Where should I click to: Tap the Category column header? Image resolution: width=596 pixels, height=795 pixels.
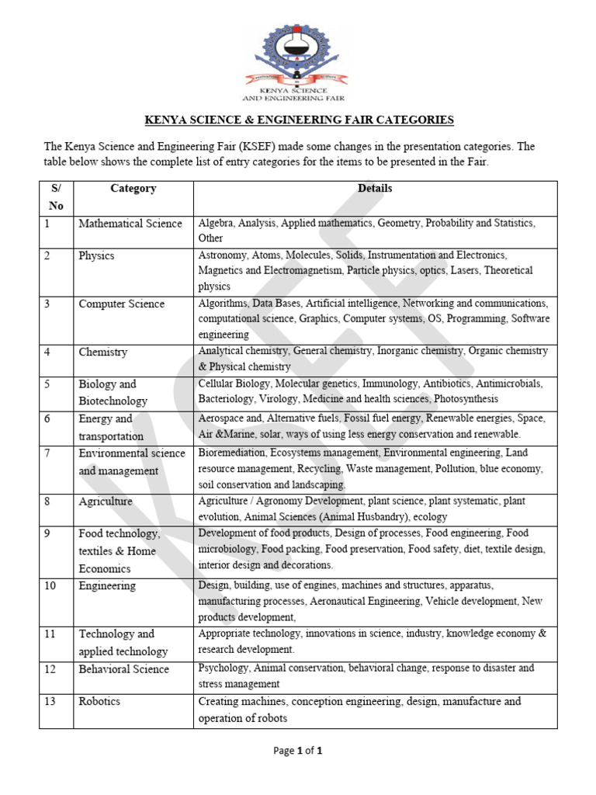click(x=133, y=189)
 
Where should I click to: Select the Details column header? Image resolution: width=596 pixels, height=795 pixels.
click(x=375, y=189)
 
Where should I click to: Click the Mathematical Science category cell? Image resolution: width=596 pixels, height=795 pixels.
click(x=130, y=224)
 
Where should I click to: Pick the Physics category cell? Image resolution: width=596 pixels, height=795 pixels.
click(x=96, y=255)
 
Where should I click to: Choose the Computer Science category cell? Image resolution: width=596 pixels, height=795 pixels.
click(x=121, y=304)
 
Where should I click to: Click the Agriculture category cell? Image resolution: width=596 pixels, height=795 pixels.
click(x=106, y=502)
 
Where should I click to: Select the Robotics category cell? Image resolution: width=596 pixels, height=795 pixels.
click(x=100, y=701)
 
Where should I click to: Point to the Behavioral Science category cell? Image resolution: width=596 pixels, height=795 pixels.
click(x=123, y=668)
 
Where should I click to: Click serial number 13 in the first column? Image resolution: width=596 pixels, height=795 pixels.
click(x=50, y=701)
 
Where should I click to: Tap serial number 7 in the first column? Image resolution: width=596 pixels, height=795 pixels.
click(x=47, y=453)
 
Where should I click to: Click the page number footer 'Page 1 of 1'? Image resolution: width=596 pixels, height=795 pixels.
click(x=298, y=751)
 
